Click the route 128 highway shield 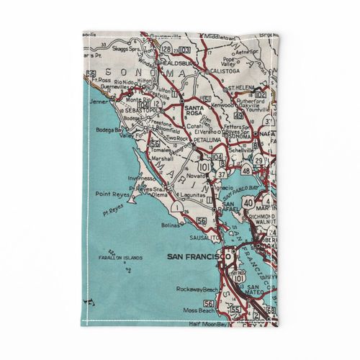[167, 48]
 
